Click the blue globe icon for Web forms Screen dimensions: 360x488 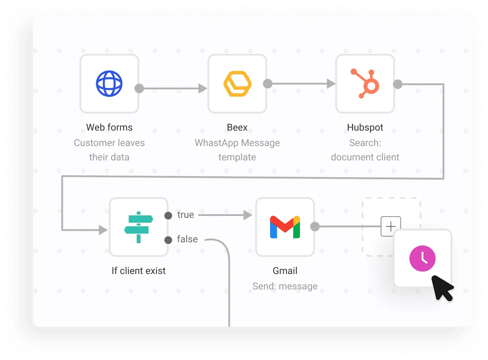coord(109,84)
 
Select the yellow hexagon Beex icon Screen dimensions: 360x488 coord(237,84)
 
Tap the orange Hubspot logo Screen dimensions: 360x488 coord(366,84)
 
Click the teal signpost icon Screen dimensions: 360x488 coord(139,227)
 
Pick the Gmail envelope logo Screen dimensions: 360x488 coord(285,227)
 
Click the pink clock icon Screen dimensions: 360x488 coord(422,258)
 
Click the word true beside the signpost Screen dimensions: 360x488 coord(186,215)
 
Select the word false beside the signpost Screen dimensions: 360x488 coord(187,239)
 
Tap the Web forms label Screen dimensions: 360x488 coord(109,127)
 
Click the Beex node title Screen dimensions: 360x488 coord(237,127)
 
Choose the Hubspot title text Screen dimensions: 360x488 coord(365,127)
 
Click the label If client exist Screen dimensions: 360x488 coord(139,271)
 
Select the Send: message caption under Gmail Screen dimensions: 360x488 coord(285,286)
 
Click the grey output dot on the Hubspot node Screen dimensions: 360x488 coord(398,84)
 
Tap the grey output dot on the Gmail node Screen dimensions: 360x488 coord(315,226)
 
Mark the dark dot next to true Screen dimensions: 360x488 coord(168,215)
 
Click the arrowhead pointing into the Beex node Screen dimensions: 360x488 coord(202,88)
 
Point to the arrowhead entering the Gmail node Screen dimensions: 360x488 coord(248,215)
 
